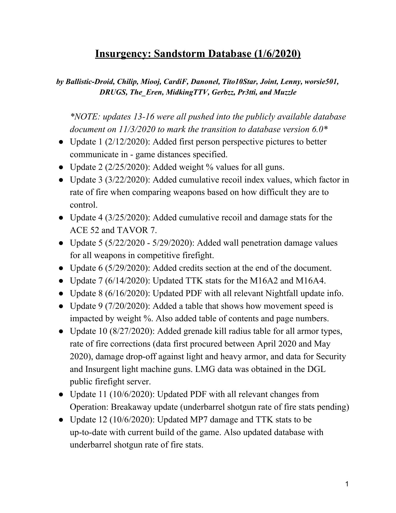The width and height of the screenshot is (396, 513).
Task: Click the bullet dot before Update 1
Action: point(61,142)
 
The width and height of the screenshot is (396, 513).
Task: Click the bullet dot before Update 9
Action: point(61,306)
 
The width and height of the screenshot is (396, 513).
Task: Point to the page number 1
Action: point(347,484)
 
